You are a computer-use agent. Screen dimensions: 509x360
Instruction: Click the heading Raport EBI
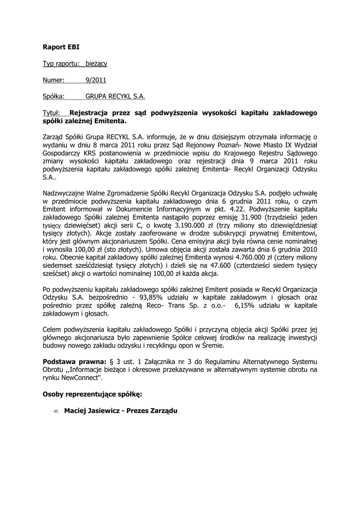tap(61, 47)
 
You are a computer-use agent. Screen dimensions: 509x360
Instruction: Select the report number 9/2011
tap(96, 80)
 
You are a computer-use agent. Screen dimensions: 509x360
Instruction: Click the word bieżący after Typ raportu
tap(96, 64)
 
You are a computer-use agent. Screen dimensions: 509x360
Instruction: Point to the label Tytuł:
tap(52, 113)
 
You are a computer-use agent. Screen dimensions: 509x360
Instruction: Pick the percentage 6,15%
tap(243, 306)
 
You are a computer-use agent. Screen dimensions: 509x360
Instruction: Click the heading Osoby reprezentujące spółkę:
tap(92, 394)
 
